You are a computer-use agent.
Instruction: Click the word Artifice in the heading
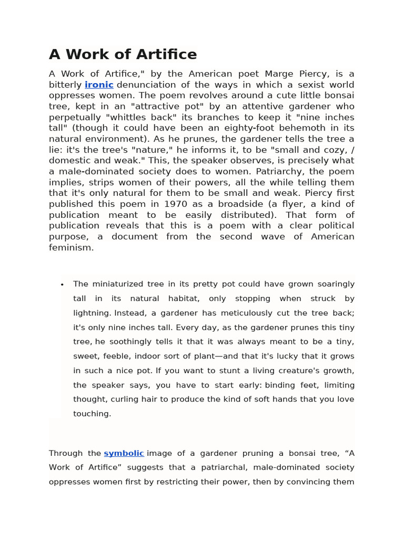[167, 54]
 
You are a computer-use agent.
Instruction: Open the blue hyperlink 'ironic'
[99, 85]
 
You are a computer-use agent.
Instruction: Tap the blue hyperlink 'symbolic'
[124, 453]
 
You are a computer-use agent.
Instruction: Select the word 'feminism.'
[71, 247]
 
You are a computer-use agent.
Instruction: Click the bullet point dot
[62, 285]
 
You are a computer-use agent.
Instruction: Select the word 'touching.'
[92, 414]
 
